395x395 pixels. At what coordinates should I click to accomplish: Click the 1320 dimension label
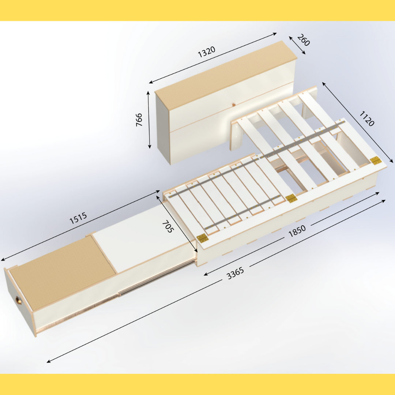tap(207, 52)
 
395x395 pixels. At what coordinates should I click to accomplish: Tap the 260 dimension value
tap(303, 40)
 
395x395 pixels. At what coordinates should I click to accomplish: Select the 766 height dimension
tap(139, 120)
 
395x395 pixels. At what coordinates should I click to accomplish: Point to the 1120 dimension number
tap(366, 119)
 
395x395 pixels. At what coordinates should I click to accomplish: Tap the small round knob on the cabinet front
tap(233, 105)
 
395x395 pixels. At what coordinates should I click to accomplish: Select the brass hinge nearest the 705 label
tap(202, 238)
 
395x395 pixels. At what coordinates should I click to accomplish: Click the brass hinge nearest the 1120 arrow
tap(375, 160)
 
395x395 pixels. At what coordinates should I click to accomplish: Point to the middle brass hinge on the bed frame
tap(291, 198)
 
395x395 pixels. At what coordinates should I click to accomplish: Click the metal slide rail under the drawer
tap(146, 285)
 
